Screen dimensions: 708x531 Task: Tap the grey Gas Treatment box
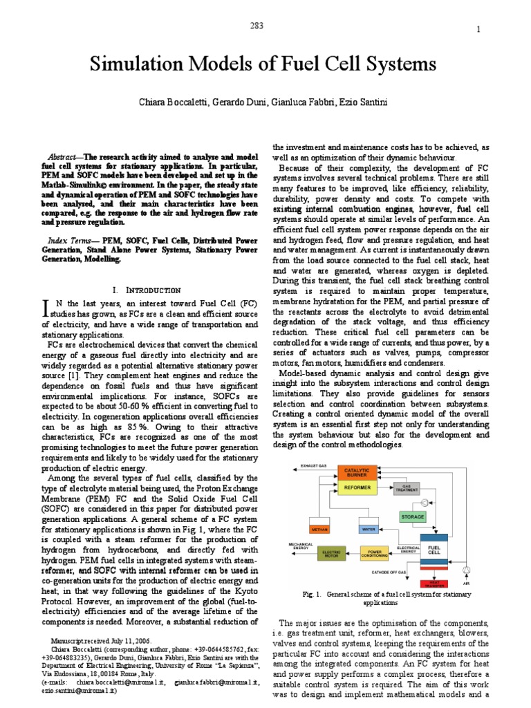pos(407,488)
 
